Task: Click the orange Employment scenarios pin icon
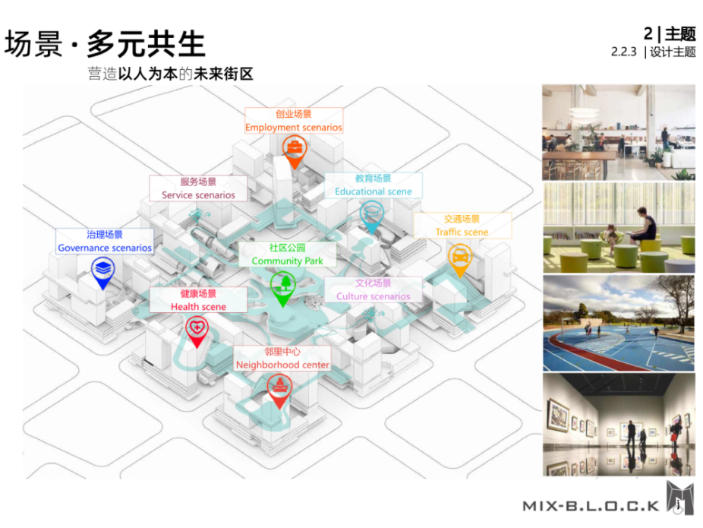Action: click(x=293, y=150)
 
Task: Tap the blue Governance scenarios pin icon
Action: click(x=103, y=270)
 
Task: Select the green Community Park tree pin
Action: click(x=282, y=287)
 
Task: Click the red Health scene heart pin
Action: click(x=197, y=330)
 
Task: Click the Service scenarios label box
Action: click(x=198, y=188)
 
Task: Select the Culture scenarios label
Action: click(x=373, y=290)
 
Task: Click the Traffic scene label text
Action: click(x=462, y=226)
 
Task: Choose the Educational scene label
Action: click(x=374, y=185)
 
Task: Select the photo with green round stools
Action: click(x=618, y=228)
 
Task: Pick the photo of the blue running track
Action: click(x=618, y=323)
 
